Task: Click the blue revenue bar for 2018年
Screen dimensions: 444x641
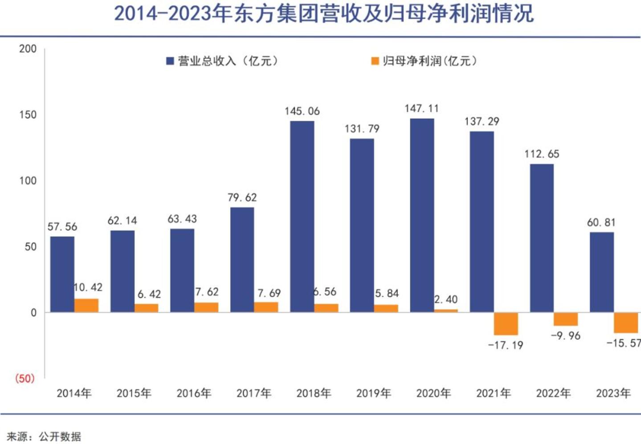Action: pos(302,216)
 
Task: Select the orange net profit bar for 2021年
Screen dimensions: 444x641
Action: pos(506,323)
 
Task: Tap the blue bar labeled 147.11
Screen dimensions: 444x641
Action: pos(422,215)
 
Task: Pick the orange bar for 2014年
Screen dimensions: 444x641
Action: pos(86,305)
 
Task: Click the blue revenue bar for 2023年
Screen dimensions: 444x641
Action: pos(601,272)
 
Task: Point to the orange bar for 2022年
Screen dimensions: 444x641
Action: pos(566,319)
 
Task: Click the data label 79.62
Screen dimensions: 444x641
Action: pos(242,198)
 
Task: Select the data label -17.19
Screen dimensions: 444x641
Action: pos(506,345)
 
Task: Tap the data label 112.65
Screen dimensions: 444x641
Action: pos(542,154)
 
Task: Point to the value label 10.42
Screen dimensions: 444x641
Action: pos(88,287)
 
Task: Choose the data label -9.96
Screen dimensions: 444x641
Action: pos(566,336)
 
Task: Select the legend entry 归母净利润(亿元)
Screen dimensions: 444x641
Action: pos(425,61)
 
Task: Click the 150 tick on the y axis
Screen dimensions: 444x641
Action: pos(28,115)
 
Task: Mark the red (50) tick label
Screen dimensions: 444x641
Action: pos(24,379)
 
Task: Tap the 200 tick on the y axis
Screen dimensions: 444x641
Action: pos(28,49)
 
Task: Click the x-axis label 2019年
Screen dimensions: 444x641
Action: pos(374,393)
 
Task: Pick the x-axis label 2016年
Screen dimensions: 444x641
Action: pos(194,393)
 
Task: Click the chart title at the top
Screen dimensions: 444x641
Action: pos(324,14)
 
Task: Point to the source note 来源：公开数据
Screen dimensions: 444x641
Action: pos(44,436)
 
